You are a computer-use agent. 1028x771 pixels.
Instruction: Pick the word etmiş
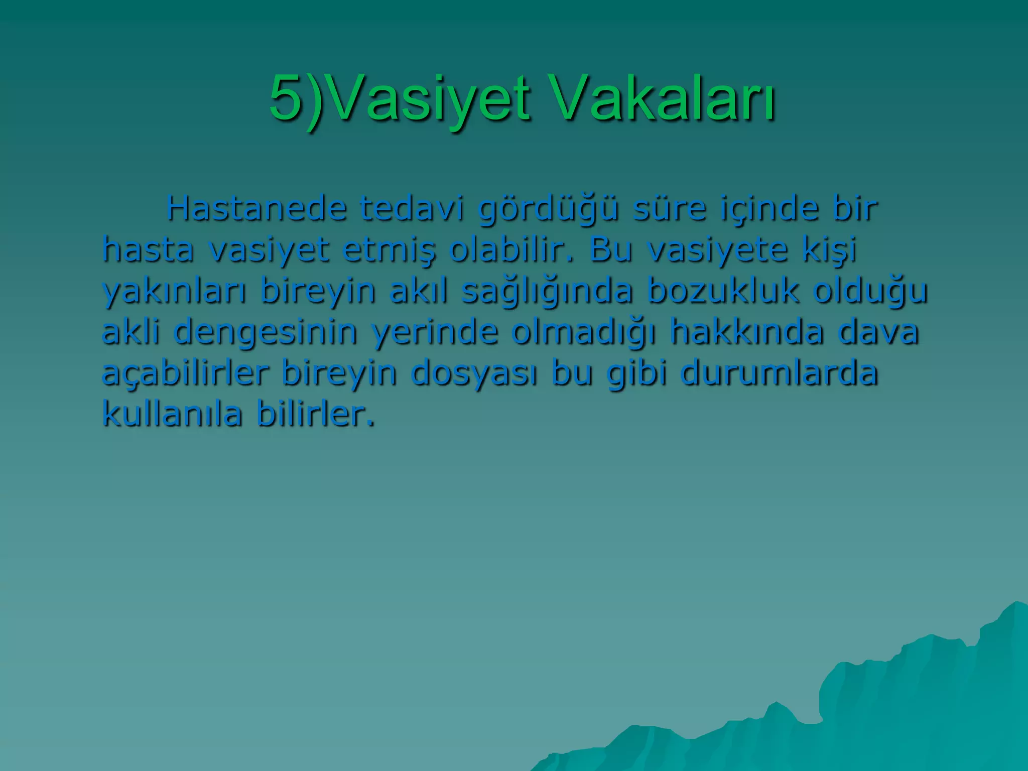pyautogui.click(x=389, y=250)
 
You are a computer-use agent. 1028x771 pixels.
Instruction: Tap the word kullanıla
pyautogui.click(x=172, y=414)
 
